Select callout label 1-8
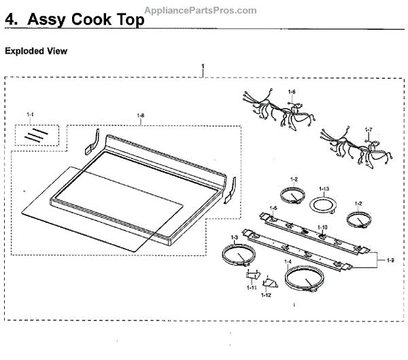tap(140, 115)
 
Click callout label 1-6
tap(292, 92)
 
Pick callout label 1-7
tap(369, 128)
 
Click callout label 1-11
tap(252, 288)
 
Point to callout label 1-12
tap(266, 295)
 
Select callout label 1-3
tap(234, 237)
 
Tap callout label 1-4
tap(288, 262)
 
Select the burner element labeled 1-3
tap(239, 257)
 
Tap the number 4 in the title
tap(10, 20)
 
